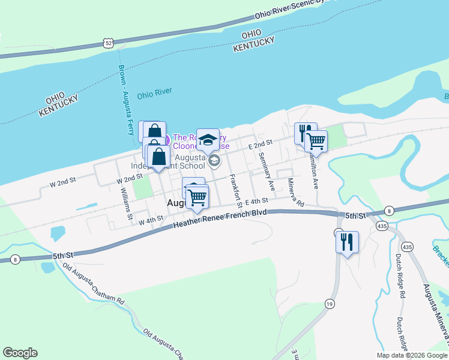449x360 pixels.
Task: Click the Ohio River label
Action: pos(154,93)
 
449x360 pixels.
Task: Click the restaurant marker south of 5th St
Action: pos(347,242)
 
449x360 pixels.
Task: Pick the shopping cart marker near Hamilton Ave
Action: pos(316,142)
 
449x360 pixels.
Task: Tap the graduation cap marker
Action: pos(208,140)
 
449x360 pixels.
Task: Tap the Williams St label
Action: pos(126,203)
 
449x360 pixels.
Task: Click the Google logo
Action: pos(20,353)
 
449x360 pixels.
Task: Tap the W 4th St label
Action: pos(151,221)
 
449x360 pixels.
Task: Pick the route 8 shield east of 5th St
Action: pos(390,210)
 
